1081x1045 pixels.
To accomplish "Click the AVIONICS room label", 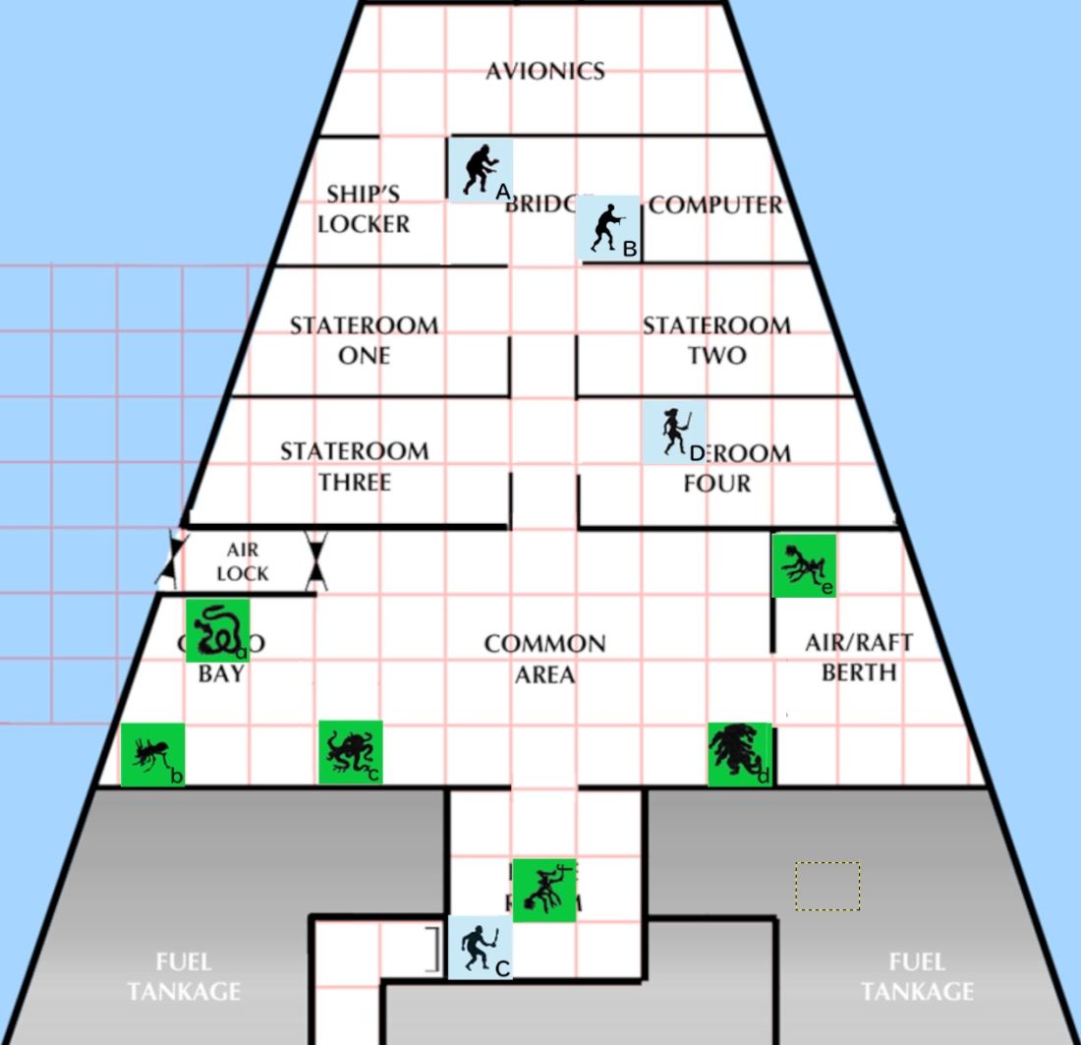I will click(544, 71).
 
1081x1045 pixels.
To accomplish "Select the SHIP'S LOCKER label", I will click(364, 209).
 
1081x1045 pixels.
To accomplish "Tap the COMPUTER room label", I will click(715, 205).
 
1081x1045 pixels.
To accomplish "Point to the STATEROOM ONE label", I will click(364, 339).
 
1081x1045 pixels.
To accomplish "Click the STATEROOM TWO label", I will click(716, 339).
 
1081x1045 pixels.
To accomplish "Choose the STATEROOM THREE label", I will click(354, 466).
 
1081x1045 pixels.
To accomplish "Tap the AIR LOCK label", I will click(242, 561).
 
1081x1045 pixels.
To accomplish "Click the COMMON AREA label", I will click(544, 659).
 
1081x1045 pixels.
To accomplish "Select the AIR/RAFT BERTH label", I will click(859, 657).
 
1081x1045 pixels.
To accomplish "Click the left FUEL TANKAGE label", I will click(184, 976).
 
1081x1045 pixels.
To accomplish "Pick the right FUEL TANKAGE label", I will click(916, 976).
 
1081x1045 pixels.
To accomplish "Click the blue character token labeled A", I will click(481, 169).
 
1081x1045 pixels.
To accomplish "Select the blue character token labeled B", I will click(610, 228).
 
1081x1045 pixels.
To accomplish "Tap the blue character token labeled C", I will click(480, 948).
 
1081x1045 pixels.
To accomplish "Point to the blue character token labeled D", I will click(674, 432).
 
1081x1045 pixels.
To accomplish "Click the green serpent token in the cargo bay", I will click(217, 630).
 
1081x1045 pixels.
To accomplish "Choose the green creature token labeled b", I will click(152, 755).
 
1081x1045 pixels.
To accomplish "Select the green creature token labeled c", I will click(350, 752).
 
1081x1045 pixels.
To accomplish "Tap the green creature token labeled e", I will click(804, 565).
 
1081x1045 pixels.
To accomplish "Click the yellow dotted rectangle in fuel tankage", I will click(827, 886).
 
